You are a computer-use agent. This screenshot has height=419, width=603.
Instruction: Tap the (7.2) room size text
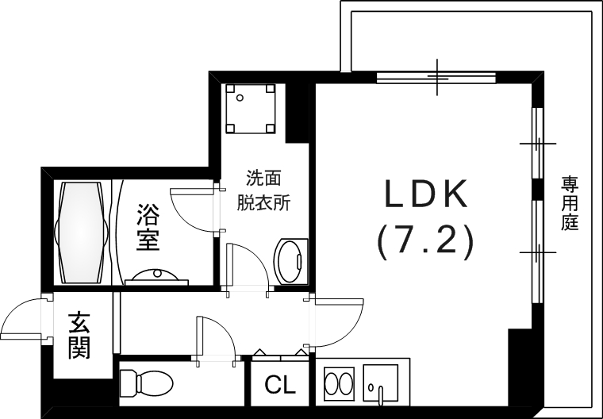[425, 240]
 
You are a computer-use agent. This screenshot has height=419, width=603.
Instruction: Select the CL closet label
[279, 386]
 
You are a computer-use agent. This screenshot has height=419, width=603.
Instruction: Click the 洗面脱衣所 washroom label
[264, 190]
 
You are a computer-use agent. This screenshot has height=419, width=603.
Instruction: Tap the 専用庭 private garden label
[570, 203]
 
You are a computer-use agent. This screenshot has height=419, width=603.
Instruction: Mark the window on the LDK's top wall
[437, 77]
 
